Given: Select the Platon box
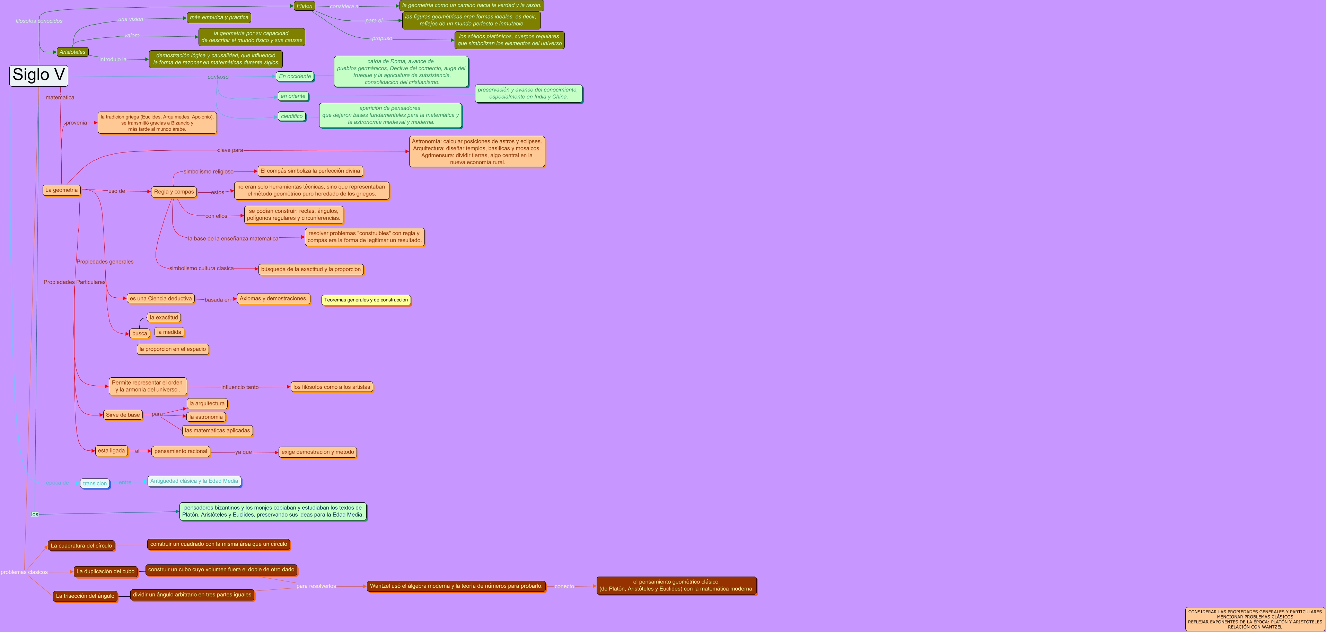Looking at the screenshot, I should point(304,6).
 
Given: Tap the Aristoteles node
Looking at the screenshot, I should point(72,52).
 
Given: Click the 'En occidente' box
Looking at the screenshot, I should point(295,76).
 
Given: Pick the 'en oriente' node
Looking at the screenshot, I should point(293,96).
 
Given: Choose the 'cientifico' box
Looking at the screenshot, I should point(292,116).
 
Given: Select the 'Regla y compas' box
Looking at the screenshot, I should point(174,192).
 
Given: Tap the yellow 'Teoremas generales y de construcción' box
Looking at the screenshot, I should point(366,300).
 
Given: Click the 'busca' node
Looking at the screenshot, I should point(140,334).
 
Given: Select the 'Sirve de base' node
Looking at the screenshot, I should point(123,415).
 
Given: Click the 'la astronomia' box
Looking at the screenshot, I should point(206,417).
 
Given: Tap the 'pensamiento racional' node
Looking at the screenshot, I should point(181,451).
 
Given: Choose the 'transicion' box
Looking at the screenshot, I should point(95,483).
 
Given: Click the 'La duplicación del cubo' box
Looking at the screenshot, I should point(106,571).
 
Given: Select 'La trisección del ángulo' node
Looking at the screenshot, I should point(85,596).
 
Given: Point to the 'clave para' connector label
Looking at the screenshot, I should point(230,150).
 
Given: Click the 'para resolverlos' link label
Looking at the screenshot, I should point(316,586).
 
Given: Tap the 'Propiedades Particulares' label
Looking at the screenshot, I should point(74,282).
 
